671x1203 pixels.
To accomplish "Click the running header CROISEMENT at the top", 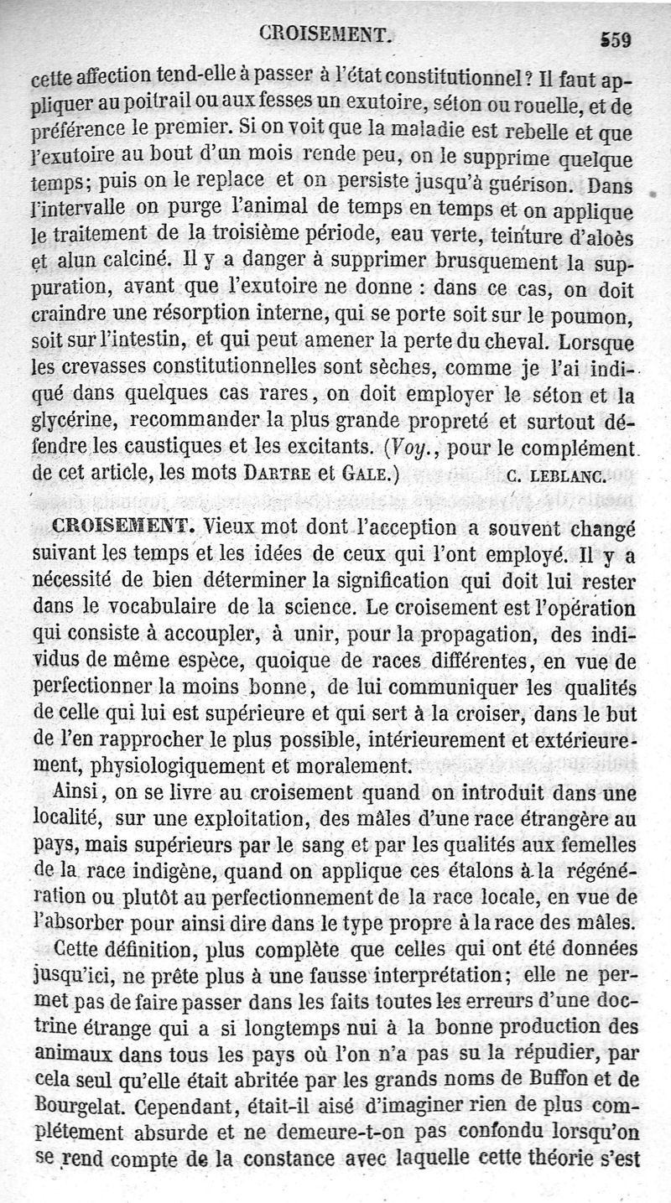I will pyautogui.click(x=326, y=34).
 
